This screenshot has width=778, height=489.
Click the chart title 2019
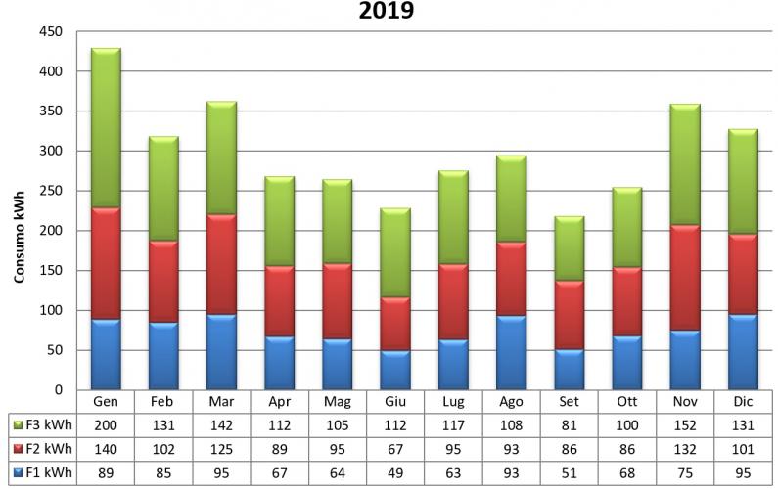387,12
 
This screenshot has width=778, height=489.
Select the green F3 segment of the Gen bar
119,127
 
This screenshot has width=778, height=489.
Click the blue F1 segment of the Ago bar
510,352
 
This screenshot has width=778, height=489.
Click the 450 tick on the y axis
51,31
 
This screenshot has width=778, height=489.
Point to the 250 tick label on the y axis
51,191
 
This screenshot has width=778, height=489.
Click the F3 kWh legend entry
42,424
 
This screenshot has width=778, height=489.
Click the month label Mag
338,402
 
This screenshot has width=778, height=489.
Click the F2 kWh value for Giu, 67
394,450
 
